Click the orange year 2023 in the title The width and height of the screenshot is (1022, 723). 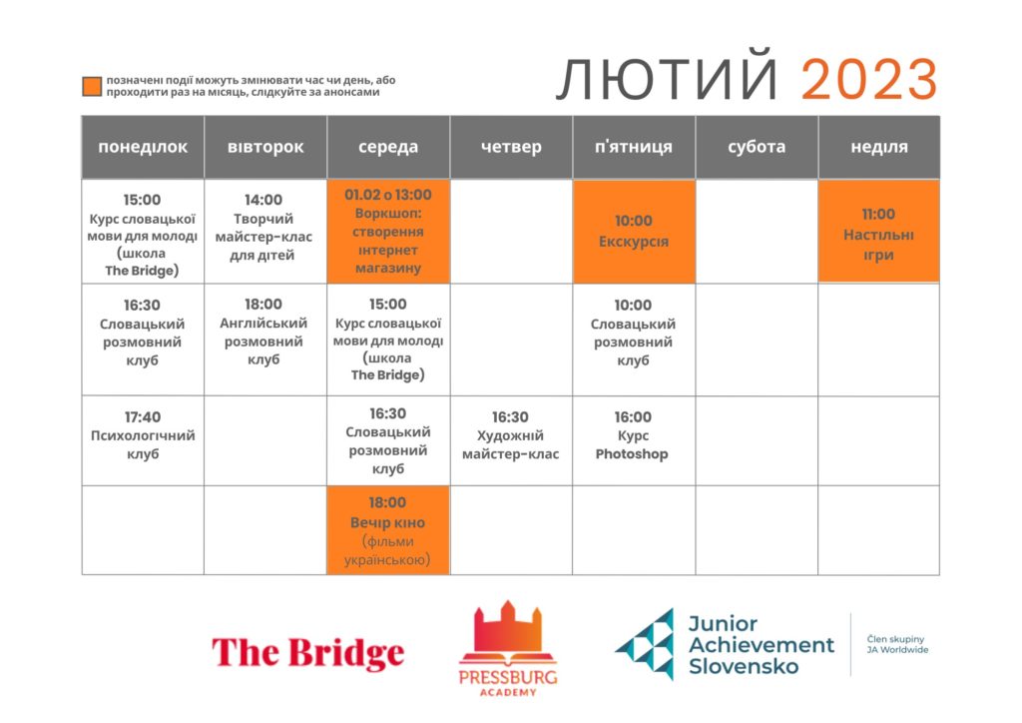point(869,79)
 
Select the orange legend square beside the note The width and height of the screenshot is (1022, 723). point(92,86)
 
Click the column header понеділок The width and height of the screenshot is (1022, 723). point(143,148)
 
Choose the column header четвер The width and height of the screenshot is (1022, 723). point(511,148)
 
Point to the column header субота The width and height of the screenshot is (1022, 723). point(757,148)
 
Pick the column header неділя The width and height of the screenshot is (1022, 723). point(879,148)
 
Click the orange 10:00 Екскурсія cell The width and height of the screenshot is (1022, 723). point(634,232)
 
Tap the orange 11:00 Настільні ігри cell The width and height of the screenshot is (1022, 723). point(878,232)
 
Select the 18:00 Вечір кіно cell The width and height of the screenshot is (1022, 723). point(388,530)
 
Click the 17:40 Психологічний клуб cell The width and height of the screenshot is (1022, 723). point(143,440)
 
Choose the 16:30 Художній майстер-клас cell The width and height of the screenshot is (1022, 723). point(511,440)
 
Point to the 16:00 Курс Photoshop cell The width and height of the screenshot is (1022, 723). point(634,440)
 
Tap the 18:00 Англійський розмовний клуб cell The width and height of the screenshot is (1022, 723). point(265,340)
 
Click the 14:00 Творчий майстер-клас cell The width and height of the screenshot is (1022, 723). point(265,232)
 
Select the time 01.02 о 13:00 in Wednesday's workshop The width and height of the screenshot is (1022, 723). point(388,195)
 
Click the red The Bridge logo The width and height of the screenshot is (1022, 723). point(307,653)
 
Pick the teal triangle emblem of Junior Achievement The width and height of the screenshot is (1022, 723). point(646,644)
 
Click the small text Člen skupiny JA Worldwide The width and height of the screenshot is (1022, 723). point(897,644)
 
